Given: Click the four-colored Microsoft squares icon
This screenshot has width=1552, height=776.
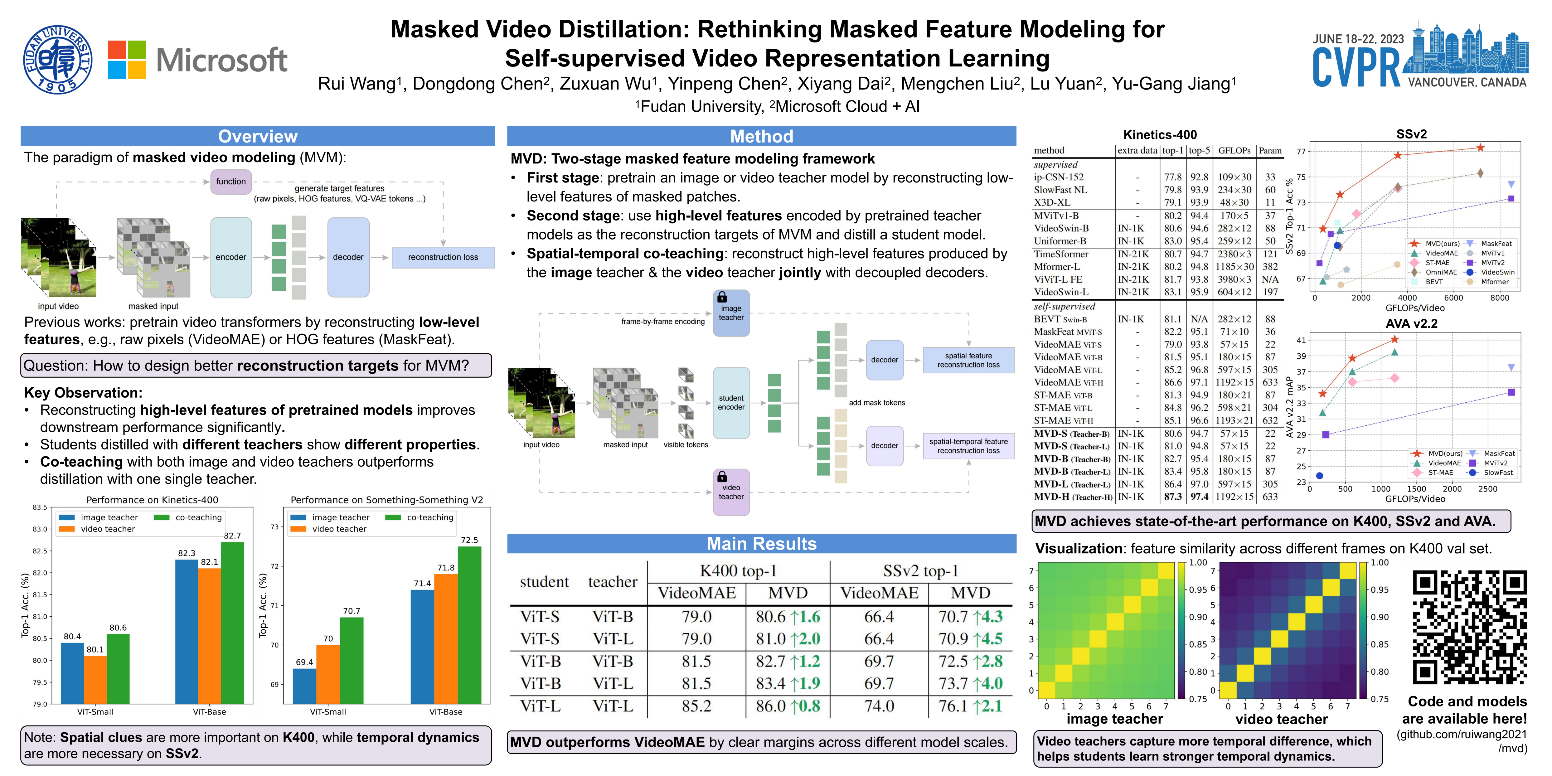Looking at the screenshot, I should click(127, 60).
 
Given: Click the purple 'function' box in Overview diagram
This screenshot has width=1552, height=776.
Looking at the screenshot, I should click(231, 181).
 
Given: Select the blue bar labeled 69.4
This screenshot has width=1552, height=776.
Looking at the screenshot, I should click(304, 686).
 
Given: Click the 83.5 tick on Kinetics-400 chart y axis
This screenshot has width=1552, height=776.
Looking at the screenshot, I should click(40, 507).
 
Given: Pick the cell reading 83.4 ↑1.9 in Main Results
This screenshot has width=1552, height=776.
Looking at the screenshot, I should click(788, 683).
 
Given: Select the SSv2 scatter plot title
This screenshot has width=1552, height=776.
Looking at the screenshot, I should click(1411, 134).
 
